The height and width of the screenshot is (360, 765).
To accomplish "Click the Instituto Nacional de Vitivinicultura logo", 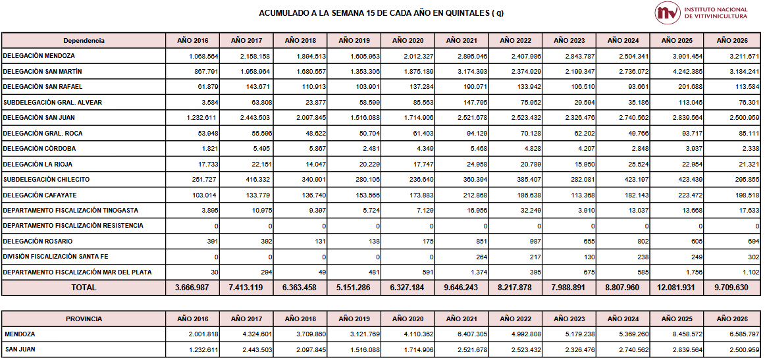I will click(700, 13).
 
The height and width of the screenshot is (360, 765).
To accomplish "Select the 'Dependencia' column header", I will click(84, 41).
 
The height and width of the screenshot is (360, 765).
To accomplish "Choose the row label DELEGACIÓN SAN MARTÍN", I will click(43, 71).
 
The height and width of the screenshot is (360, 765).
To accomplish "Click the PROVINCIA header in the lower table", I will click(84, 319).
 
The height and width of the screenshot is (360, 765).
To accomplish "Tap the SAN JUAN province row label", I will click(20, 349).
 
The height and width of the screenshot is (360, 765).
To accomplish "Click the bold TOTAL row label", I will click(84, 288).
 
